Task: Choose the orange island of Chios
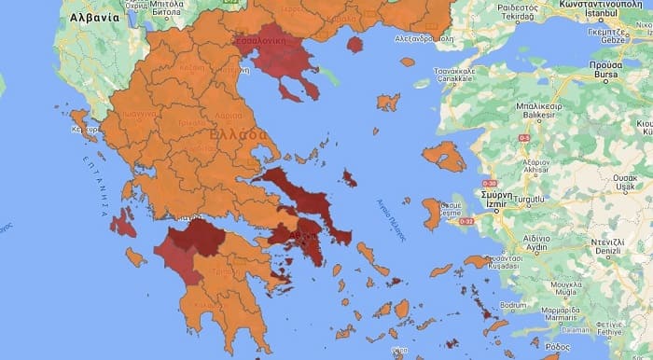(431, 213)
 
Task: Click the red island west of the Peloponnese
(122, 223)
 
